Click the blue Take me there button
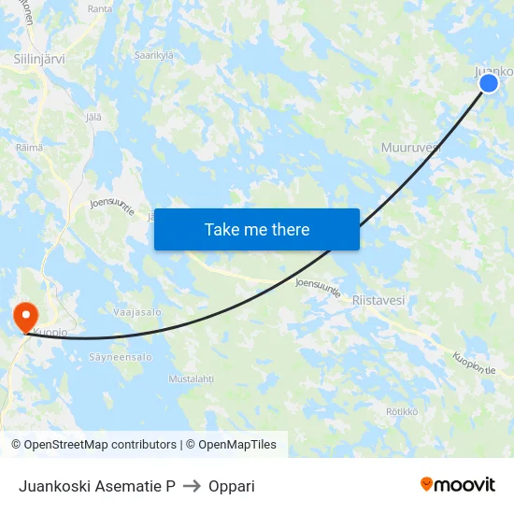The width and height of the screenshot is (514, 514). [257, 229]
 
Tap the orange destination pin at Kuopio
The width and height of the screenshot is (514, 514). [22, 316]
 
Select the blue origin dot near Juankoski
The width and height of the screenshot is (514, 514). [488, 83]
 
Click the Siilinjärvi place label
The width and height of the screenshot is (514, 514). [39, 58]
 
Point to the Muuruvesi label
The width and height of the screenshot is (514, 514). [410, 148]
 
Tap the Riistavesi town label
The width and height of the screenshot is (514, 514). [378, 300]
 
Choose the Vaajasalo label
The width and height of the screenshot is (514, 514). [137, 312]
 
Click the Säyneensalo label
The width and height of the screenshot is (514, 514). [120, 357]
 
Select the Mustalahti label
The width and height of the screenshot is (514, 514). [191, 378]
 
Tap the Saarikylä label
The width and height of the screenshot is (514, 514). [154, 55]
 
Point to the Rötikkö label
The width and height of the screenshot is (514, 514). [402, 411]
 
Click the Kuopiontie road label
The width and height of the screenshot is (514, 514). [474, 363]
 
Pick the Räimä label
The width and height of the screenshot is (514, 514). [29, 148]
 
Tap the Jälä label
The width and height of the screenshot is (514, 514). [93, 117]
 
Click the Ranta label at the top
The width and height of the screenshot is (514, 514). [99, 8]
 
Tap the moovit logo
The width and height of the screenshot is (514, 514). [457, 484]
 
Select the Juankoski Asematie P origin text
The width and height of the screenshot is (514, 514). [97, 486]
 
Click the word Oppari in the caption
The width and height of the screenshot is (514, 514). [233, 486]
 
